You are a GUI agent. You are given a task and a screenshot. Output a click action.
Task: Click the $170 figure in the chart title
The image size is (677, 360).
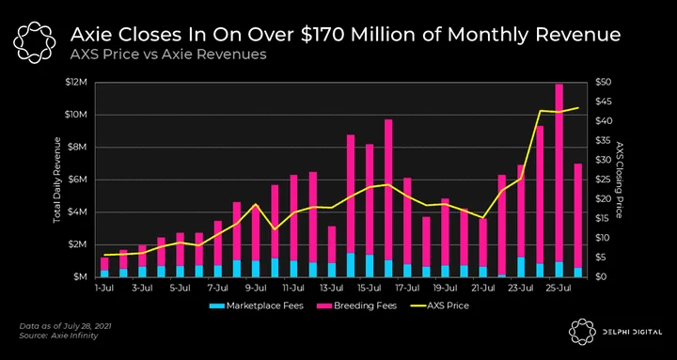pyautogui.click(x=323, y=35)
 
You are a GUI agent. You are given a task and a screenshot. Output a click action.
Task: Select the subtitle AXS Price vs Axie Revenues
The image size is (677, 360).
pyautogui.click(x=168, y=55)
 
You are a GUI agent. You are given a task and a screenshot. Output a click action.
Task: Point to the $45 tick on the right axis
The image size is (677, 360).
pyautogui.click(x=603, y=102)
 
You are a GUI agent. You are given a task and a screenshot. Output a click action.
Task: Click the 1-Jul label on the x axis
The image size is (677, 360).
pyautogui.click(x=105, y=288)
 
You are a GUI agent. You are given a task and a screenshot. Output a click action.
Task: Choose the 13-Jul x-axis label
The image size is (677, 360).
pyautogui.click(x=332, y=288)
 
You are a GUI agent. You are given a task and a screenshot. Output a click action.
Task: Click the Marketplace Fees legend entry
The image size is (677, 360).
pyautogui.click(x=256, y=306)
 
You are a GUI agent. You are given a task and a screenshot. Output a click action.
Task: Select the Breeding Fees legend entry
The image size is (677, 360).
pyautogui.click(x=356, y=306)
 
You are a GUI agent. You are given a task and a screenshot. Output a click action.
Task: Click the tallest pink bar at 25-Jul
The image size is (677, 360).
pyautogui.click(x=559, y=173)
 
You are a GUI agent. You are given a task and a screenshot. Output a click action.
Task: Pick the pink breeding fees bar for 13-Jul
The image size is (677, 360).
pyautogui.click(x=332, y=244)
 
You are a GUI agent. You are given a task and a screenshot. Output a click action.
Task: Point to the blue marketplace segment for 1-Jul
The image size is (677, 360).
pyautogui.click(x=104, y=274)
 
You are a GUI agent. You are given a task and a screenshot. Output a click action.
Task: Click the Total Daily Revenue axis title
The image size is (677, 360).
pyautogui.click(x=57, y=180)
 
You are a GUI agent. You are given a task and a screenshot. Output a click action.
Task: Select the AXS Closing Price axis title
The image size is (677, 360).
pyautogui.click(x=620, y=180)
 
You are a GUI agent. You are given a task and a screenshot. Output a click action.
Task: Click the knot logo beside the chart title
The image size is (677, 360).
pyautogui.click(x=35, y=42)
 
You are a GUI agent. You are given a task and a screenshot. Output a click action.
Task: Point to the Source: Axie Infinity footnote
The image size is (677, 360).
pyautogui.click(x=58, y=336)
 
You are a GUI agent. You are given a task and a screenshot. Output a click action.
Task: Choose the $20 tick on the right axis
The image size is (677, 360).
pyautogui.click(x=603, y=199)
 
